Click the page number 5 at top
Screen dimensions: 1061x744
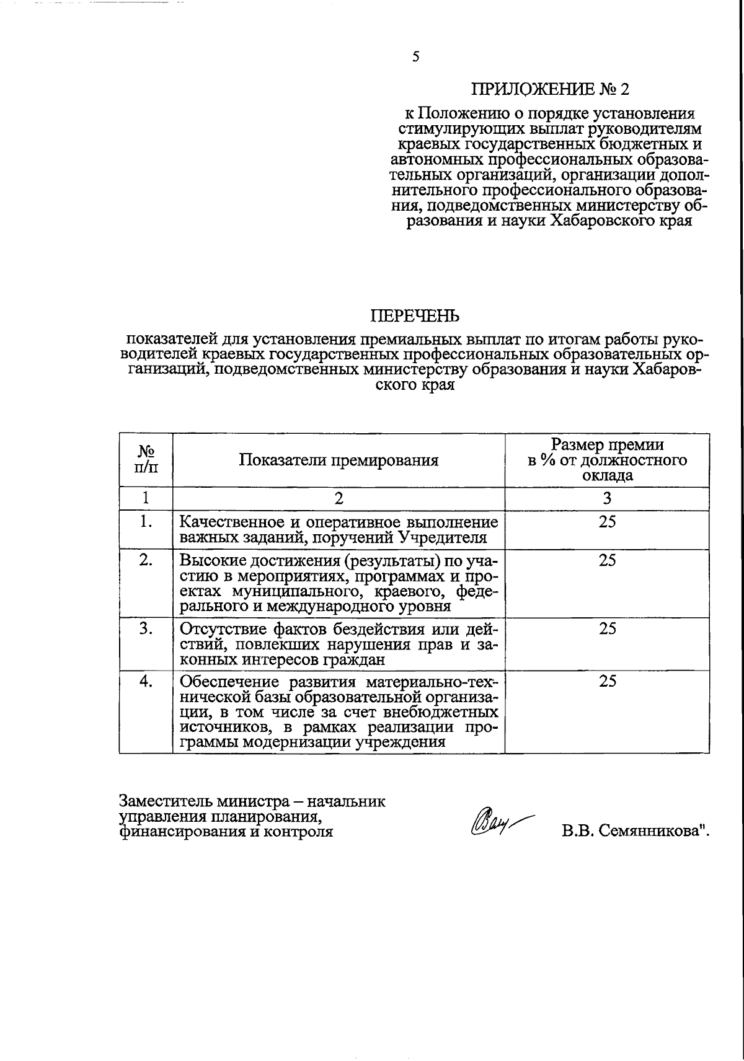(415, 57)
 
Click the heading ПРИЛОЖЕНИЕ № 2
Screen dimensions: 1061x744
(549, 90)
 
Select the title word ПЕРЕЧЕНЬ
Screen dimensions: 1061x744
(415, 317)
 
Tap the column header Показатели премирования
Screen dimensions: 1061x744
(339, 460)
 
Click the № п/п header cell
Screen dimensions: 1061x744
(146, 459)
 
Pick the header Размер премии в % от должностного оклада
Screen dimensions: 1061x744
(607, 460)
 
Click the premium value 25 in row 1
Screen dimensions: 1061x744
(607, 522)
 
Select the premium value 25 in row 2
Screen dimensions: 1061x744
(607, 560)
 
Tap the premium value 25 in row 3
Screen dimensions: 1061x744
(607, 628)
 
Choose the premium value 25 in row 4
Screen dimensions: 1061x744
(607, 681)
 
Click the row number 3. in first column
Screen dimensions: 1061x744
(146, 628)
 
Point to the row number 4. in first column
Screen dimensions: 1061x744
(146, 681)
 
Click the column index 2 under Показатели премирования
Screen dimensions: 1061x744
(339, 498)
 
